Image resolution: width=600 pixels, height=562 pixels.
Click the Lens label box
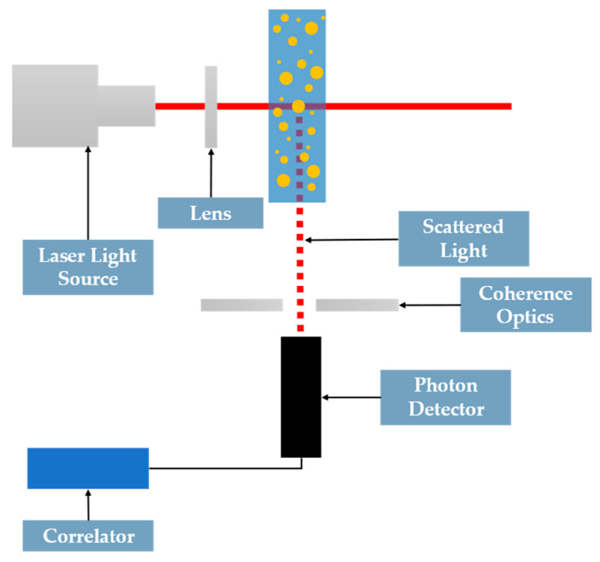(x=210, y=213)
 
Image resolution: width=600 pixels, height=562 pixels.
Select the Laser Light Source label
(x=88, y=267)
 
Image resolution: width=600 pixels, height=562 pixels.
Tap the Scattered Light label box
(x=464, y=238)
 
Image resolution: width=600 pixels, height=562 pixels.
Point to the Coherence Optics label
(x=525, y=305)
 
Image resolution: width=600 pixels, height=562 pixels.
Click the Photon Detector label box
(x=445, y=397)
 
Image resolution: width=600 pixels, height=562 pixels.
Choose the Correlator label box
(x=88, y=536)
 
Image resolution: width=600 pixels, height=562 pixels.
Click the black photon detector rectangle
(x=301, y=397)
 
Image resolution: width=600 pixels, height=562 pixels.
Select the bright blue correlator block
(x=88, y=468)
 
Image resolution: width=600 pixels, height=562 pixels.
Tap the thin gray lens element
(x=211, y=106)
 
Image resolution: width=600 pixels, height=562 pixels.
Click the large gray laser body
(x=55, y=106)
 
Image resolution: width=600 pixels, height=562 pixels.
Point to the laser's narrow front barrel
(x=127, y=106)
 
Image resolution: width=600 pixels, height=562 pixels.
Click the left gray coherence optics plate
(x=242, y=305)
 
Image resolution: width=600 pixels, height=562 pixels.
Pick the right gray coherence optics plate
(x=357, y=305)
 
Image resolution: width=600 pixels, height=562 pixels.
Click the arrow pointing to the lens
(x=211, y=173)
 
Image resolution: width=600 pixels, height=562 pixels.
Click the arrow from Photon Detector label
(x=351, y=397)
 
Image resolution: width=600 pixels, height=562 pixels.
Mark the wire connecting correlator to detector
(x=225, y=468)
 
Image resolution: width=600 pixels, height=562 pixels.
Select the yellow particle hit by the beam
(x=298, y=106)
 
